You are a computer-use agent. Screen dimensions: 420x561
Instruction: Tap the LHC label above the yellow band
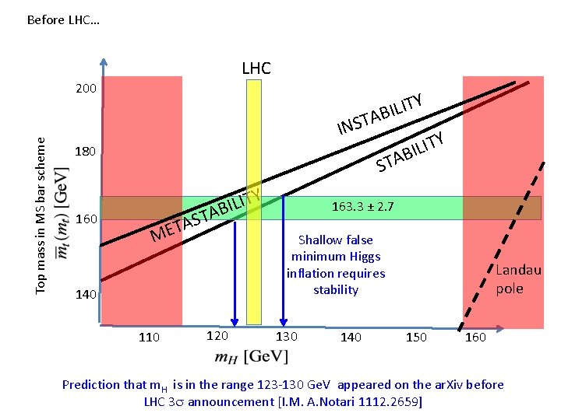pyautogui.click(x=256, y=68)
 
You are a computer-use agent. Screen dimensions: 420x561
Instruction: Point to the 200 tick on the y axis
pyautogui.click(x=86, y=89)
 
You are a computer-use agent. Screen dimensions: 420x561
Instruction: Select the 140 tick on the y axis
pyautogui.click(x=86, y=296)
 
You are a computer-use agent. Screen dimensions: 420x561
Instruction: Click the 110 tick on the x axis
pyautogui.click(x=148, y=337)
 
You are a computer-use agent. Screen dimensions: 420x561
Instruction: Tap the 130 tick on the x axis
pyautogui.click(x=286, y=335)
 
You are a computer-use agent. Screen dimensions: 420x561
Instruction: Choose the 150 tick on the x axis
pyautogui.click(x=416, y=336)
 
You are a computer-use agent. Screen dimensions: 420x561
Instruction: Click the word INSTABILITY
pyautogui.click(x=379, y=114)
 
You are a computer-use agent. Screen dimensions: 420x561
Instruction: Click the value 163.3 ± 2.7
pyautogui.click(x=362, y=207)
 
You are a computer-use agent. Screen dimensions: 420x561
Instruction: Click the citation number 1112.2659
pyautogui.click(x=390, y=402)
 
